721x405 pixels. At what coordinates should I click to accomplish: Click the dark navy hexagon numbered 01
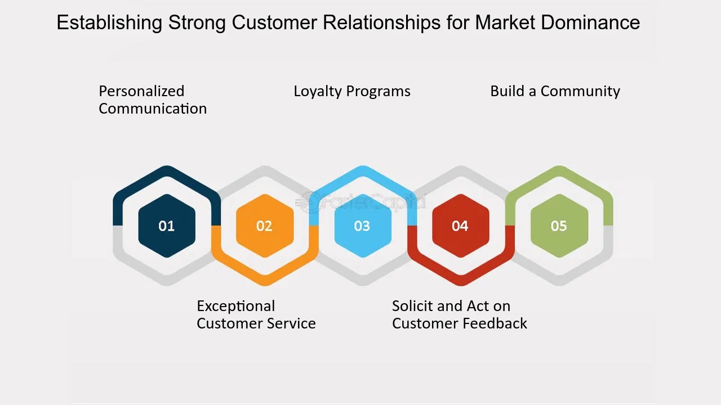pyautogui.click(x=167, y=226)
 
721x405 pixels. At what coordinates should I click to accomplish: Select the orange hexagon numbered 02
pyautogui.click(x=264, y=226)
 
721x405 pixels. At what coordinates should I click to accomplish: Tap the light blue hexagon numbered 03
pyautogui.click(x=362, y=226)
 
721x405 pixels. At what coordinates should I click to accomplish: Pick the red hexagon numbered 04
pyautogui.click(x=460, y=226)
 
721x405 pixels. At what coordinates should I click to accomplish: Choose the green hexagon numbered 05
pyautogui.click(x=559, y=226)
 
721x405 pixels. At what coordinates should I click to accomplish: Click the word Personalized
pyautogui.click(x=141, y=91)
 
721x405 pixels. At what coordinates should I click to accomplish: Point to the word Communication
pyautogui.click(x=153, y=109)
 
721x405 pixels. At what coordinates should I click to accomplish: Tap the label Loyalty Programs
pyautogui.click(x=352, y=91)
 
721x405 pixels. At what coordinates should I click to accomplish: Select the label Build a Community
pyautogui.click(x=555, y=91)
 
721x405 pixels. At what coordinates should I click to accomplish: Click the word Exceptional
pyautogui.click(x=236, y=306)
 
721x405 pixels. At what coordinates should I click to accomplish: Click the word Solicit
pyautogui.click(x=412, y=306)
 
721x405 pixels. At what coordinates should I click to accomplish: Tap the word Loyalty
pyautogui.click(x=318, y=91)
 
